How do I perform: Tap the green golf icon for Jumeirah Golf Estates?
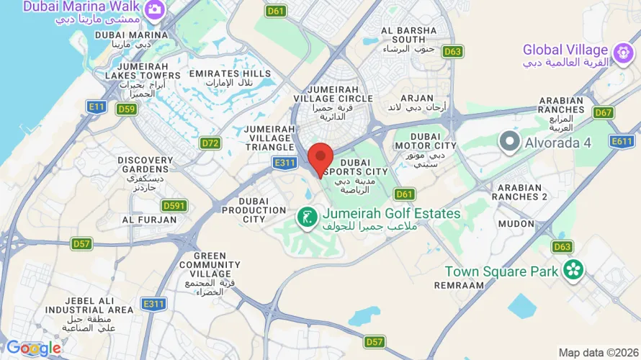pos(307,215)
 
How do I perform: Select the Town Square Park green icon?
pos(574,271)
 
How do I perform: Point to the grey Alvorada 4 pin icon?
pos(511,142)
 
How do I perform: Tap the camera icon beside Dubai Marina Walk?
pos(154,9)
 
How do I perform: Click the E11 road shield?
pos(96,107)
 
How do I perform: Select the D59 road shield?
pos(127,109)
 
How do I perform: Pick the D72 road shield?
pos(210,143)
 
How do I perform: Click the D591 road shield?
pos(174,206)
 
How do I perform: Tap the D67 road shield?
pos(604,112)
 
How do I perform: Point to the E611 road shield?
pos(622,142)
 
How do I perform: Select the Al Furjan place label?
pos(148,220)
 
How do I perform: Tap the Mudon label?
pos(516,224)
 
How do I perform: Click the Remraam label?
pos(460,286)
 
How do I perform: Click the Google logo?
pos(33,348)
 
